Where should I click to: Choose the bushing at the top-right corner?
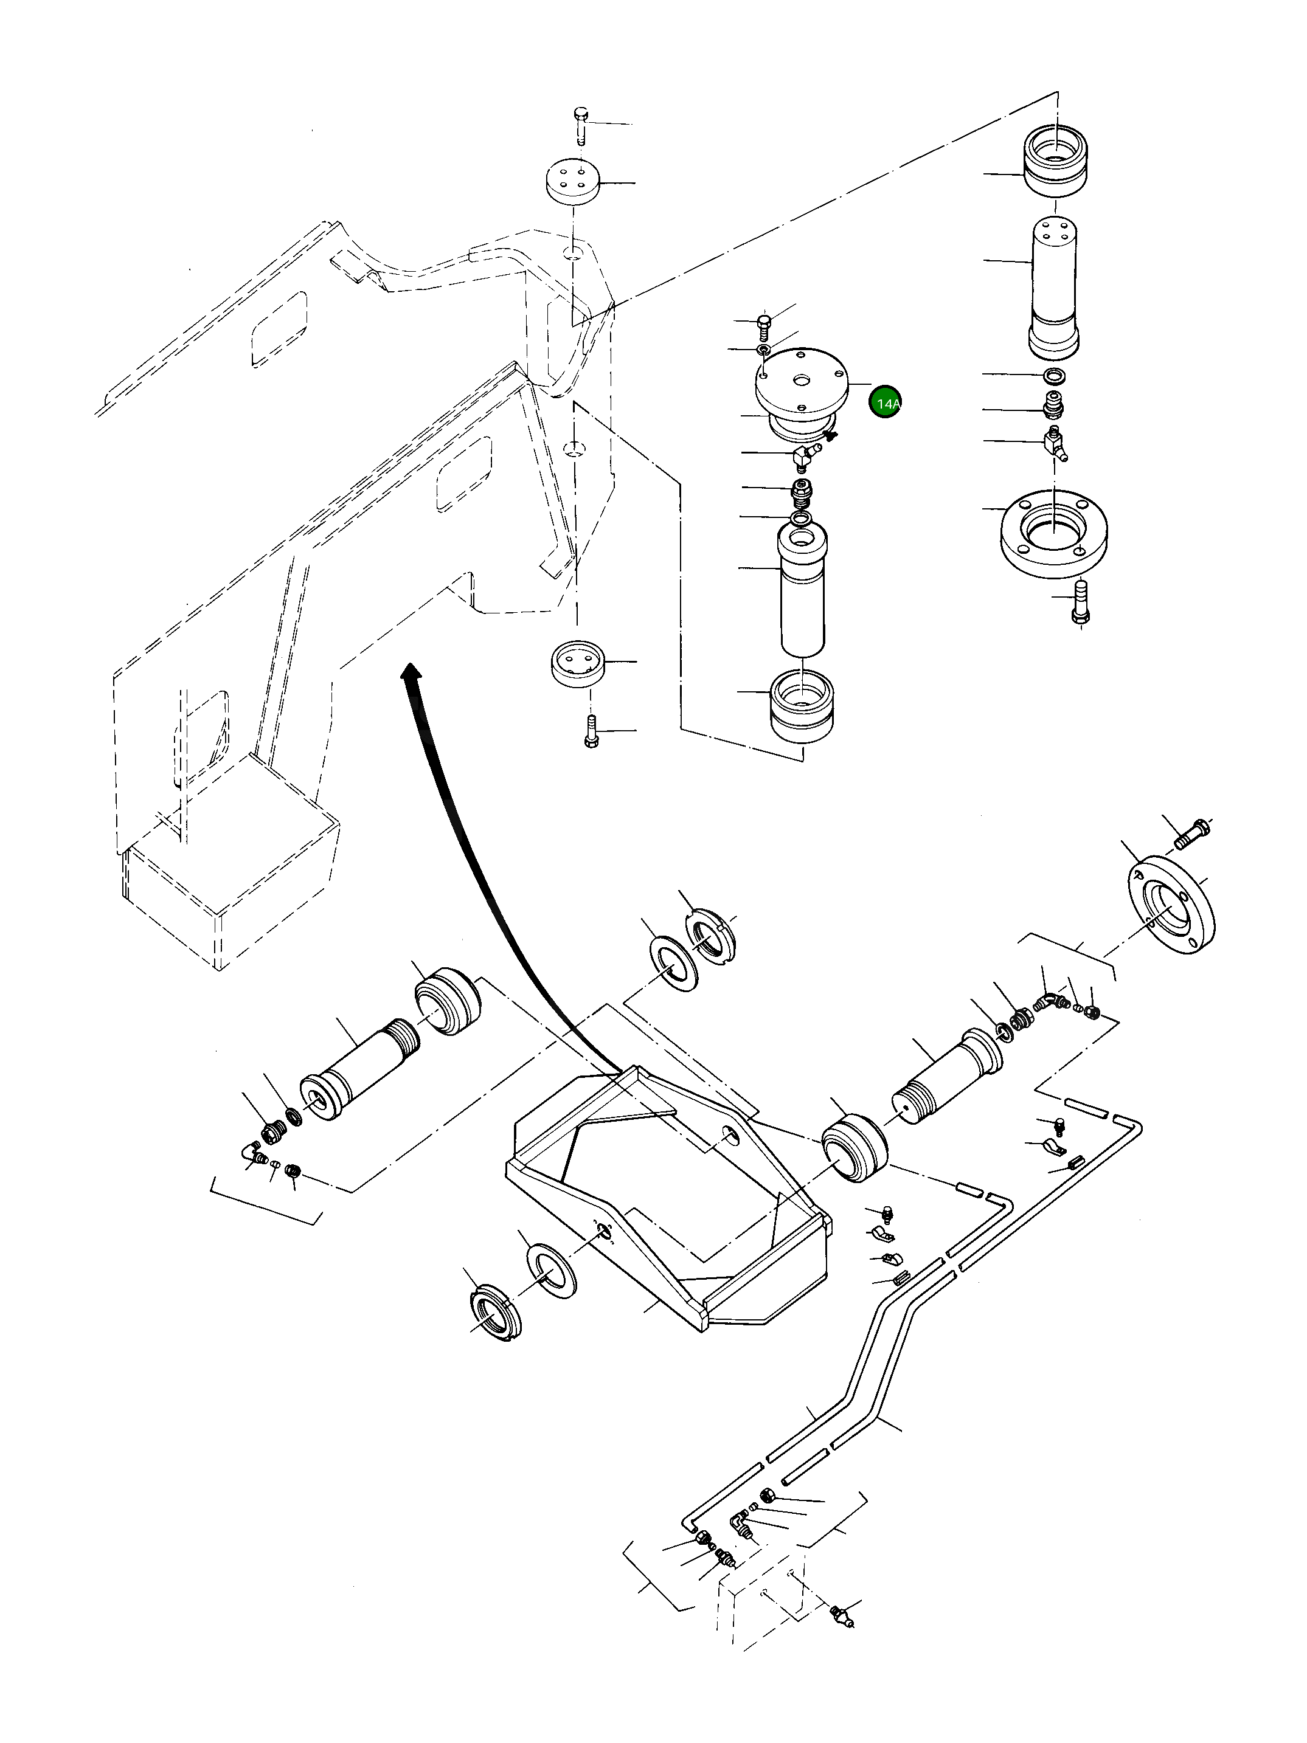tap(1055, 163)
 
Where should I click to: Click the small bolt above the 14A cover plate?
tap(763, 322)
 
